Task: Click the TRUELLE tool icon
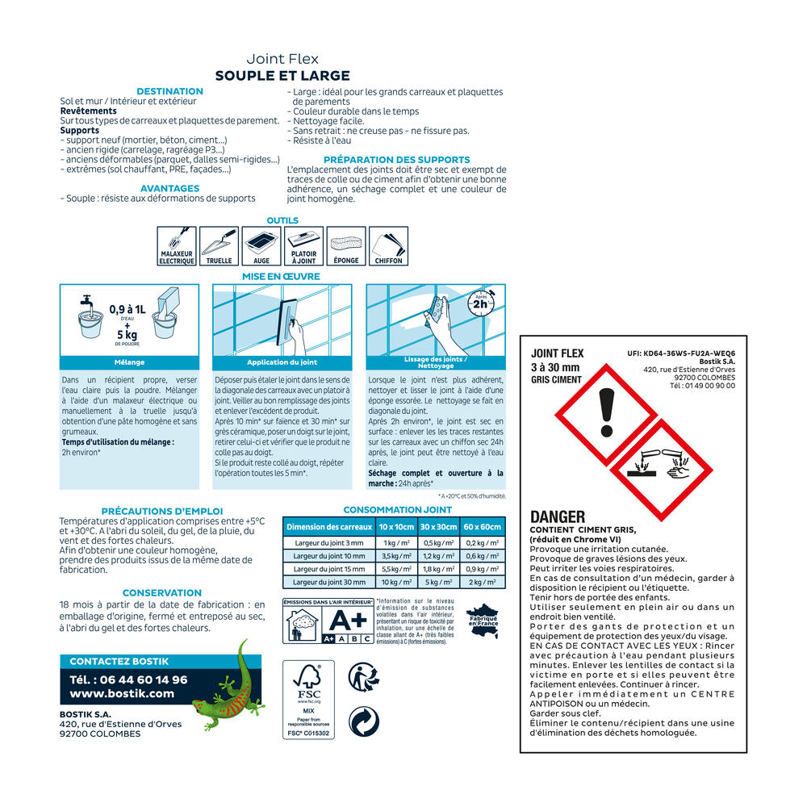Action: (x=220, y=246)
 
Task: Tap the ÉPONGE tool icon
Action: (x=346, y=246)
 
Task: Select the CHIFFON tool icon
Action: (x=389, y=246)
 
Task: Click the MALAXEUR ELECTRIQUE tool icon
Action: (x=177, y=246)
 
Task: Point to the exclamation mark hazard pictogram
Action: (x=607, y=414)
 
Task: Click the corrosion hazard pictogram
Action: (x=662, y=470)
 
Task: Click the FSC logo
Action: (x=308, y=700)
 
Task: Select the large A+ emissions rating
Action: (x=348, y=620)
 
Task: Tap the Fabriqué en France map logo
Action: (x=483, y=621)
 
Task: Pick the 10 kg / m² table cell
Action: (x=396, y=582)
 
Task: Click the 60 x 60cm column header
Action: (x=483, y=527)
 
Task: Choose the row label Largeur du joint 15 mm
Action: (x=329, y=569)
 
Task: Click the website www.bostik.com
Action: (x=122, y=693)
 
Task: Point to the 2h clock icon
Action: (x=481, y=303)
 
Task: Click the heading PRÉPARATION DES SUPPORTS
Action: (x=397, y=160)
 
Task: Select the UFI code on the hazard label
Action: (x=681, y=353)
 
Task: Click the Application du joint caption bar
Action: (x=282, y=362)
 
